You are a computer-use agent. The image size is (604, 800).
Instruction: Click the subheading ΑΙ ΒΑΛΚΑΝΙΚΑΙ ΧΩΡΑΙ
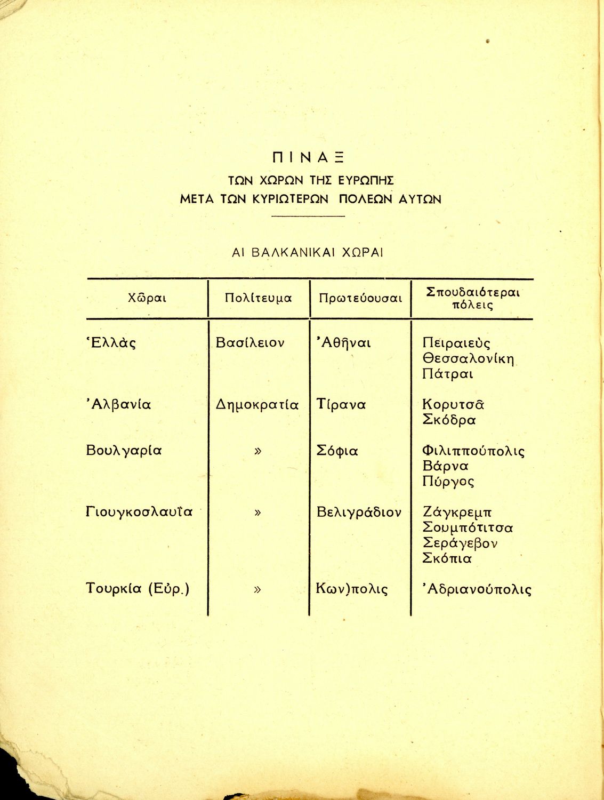(308, 252)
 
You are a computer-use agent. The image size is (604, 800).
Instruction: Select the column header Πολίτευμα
(259, 298)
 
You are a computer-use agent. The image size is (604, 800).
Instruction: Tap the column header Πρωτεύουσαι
(360, 298)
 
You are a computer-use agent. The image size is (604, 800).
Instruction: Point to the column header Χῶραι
(147, 298)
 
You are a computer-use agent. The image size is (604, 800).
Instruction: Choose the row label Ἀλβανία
(118, 405)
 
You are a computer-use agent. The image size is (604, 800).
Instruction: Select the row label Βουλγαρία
(123, 451)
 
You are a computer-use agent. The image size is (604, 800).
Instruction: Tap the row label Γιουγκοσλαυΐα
(139, 513)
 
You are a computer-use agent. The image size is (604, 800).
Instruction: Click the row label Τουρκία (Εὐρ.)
(138, 589)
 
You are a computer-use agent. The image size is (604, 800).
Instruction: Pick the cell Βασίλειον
(250, 343)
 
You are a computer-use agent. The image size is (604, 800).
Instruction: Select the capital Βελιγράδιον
(359, 513)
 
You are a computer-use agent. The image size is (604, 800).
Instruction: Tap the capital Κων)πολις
(352, 589)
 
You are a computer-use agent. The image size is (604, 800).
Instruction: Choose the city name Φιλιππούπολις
(473, 451)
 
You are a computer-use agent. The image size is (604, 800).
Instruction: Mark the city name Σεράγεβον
(460, 543)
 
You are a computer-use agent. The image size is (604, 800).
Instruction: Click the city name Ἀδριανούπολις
(477, 589)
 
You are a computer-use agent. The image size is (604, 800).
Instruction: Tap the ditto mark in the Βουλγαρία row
(258, 451)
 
